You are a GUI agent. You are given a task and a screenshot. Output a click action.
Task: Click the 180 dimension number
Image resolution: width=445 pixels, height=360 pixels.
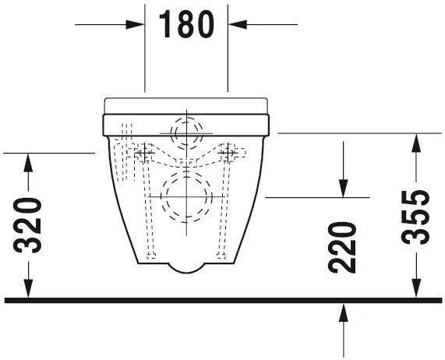coord(186,24)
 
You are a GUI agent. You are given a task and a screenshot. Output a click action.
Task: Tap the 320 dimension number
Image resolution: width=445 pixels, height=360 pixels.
coord(27,225)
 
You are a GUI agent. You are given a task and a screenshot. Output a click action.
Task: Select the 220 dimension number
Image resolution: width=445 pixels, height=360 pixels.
coord(341,248)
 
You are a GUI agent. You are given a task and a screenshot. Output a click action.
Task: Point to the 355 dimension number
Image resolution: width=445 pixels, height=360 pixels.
coord(415,217)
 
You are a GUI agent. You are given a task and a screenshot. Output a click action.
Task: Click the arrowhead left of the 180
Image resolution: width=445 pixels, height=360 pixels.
coord(135,24)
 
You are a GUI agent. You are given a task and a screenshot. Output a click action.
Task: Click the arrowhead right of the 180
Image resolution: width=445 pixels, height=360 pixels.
coord(237,24)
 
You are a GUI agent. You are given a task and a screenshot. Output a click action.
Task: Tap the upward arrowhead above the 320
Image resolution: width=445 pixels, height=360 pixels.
coord(28,163)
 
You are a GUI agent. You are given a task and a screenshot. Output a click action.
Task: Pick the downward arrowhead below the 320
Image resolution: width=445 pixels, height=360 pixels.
coord(28,288)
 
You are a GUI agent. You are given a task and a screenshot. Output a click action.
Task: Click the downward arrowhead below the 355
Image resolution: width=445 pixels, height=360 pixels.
coord(416,288)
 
